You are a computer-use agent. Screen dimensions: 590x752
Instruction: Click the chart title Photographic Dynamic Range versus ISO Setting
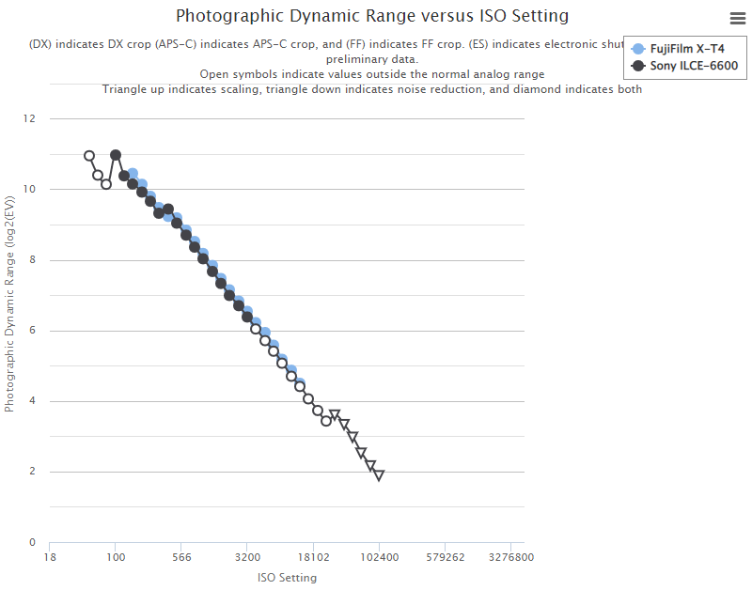pos(372,16)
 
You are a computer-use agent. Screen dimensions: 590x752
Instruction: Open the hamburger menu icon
pos(737,18)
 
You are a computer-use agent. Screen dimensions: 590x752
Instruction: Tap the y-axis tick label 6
pos(32,331)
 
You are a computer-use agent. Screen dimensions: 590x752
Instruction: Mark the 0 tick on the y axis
pos(32,542)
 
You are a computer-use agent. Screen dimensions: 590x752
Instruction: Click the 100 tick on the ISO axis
pos(116,556)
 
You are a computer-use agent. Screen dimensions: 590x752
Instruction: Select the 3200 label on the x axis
pos(247,556)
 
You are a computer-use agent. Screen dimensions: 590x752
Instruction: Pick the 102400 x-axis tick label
pos(379,556)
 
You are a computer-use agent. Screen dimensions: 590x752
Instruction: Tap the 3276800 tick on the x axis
pos(510,556)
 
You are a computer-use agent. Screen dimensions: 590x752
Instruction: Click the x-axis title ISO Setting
pos(287,578)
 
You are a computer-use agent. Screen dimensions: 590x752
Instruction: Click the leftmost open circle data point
pos(89,156)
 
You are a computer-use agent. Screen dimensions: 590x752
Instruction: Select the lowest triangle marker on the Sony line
pos(379,475)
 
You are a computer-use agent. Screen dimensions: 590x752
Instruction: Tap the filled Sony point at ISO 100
pos(116,155)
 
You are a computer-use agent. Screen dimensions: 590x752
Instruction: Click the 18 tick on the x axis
pos(50,556)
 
